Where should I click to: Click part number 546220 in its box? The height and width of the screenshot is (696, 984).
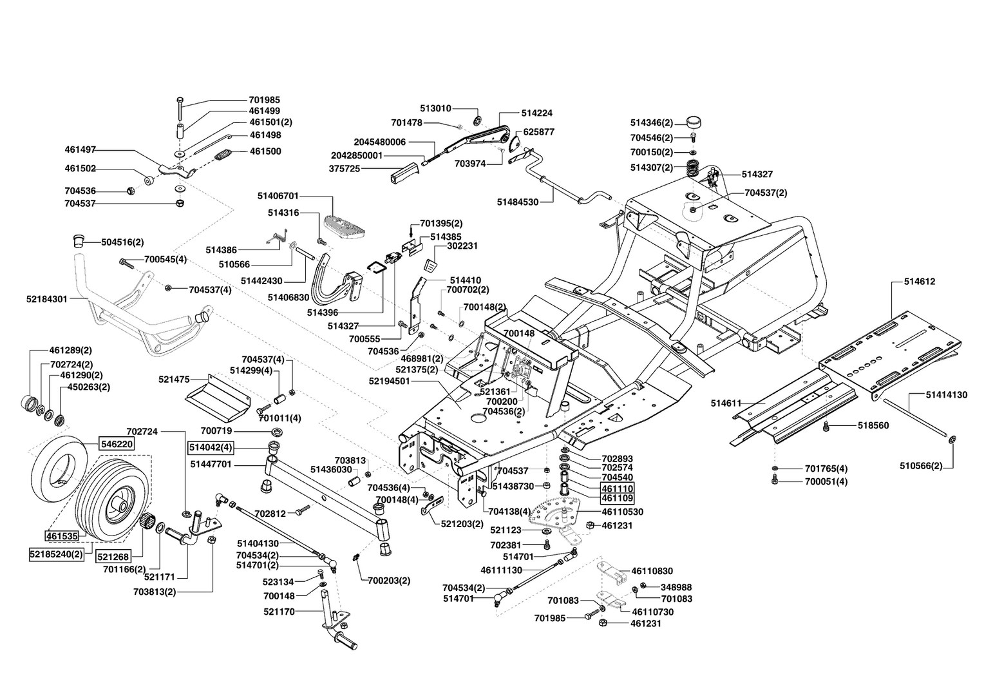[117, 443]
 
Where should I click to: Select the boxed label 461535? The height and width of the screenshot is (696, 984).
[62, 536]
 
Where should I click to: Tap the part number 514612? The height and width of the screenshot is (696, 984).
[919, 282]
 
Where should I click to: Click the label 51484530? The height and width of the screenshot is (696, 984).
[517, 202]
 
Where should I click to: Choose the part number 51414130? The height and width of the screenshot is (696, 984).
[946, 394]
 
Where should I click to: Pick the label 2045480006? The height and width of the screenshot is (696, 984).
[379, 142]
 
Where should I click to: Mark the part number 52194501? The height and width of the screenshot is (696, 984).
[390, 381]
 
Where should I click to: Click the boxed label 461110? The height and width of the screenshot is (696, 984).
[617, 488]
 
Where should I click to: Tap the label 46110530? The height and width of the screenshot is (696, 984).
[622, 512]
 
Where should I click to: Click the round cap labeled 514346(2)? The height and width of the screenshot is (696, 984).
[694, 121]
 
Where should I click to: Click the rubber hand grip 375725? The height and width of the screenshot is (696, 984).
[401, 173]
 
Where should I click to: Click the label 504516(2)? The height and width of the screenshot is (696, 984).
[122, 242]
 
